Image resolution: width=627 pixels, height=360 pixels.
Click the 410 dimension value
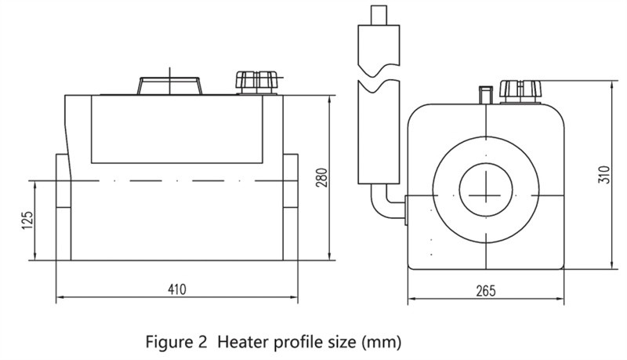(177, 289)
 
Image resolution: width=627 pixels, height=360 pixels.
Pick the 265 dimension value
(486, 291)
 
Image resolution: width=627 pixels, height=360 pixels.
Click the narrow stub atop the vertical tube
(379, 15)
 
